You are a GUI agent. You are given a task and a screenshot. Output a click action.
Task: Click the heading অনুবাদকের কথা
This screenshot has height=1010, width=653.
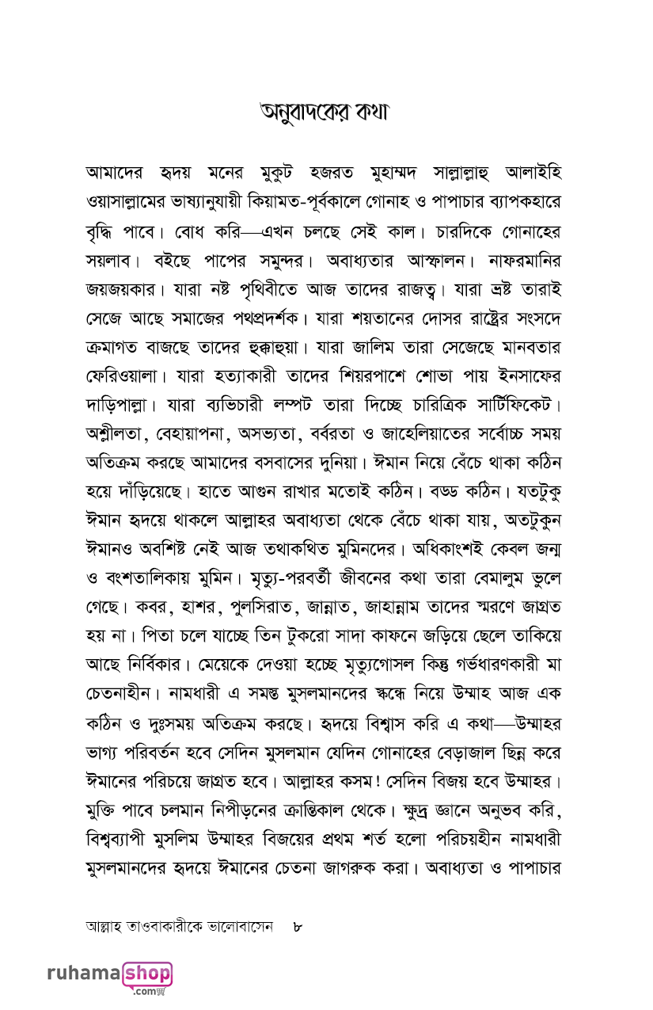click(x=326, y=112)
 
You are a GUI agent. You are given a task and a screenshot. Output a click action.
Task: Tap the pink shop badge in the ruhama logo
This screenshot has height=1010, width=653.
click(x=147, y=974)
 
